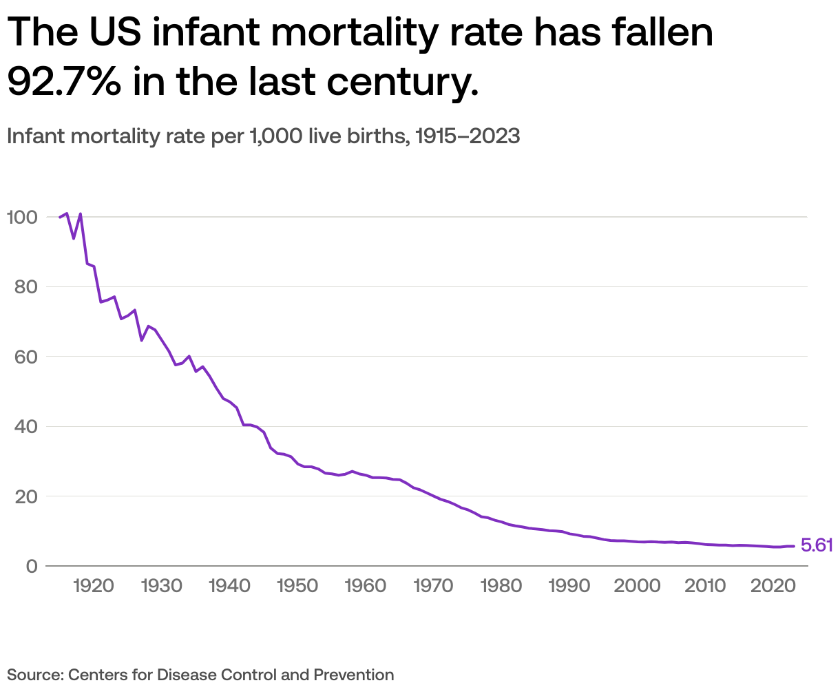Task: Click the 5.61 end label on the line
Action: [817, 546]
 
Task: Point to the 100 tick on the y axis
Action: [21, 217]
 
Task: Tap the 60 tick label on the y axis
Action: [25, 357]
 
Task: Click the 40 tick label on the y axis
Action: [25, 427]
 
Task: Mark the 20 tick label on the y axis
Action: [25, 496]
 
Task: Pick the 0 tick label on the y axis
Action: [32, 566]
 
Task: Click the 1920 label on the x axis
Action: [94, 586]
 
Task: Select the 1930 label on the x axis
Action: [161, 586]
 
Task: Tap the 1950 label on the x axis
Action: [297, 586]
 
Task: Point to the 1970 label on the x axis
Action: [433, 586]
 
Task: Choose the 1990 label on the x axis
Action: [569, 586]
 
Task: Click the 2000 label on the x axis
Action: [637, 586]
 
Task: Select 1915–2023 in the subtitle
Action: [469, 136]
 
